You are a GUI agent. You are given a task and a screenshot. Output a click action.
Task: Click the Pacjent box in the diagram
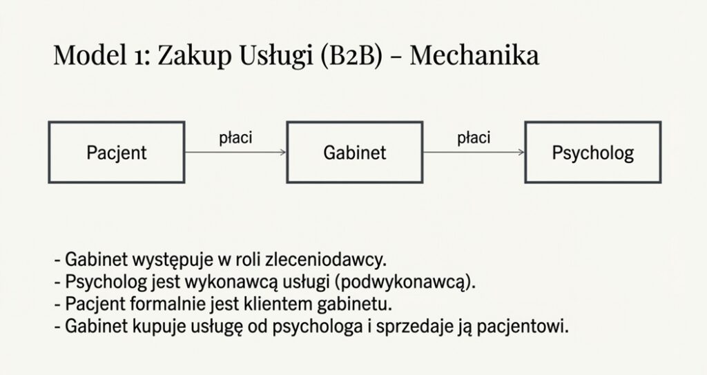(x=117, y=153)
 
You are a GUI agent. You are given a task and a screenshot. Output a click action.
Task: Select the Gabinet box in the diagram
(x=355, y=153)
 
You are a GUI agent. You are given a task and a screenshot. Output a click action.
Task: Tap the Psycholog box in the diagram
(x=593, y=153)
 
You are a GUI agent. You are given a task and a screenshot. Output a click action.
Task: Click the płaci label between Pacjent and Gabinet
(x=235, y=137)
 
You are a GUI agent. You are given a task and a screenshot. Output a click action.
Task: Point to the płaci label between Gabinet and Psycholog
(x=474, y=137)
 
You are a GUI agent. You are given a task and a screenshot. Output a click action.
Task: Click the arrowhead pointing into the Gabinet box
(x=283, y=153)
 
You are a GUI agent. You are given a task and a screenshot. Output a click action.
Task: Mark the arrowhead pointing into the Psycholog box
(x=521, y=153)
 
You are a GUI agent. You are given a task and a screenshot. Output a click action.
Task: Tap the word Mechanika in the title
(x=474, y=55)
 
